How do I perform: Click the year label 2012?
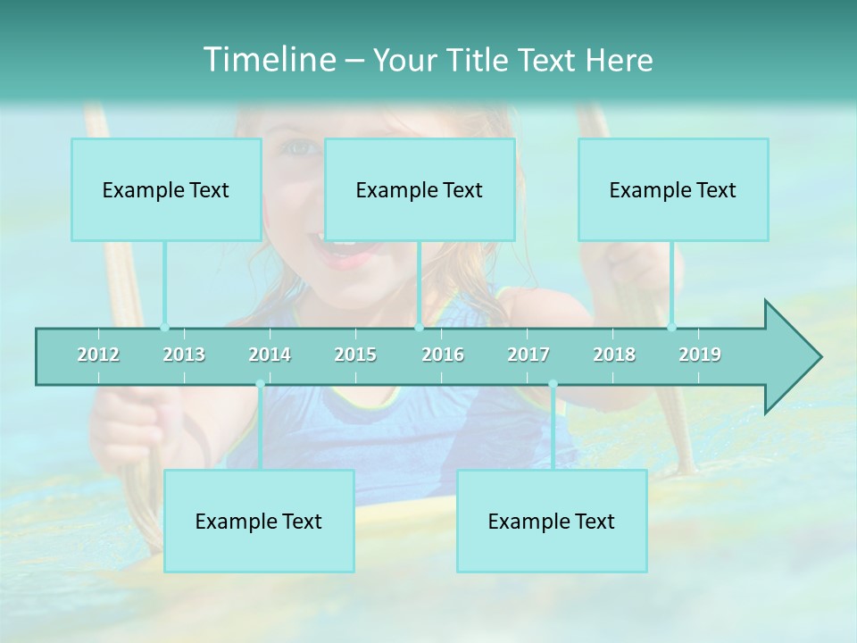click(x=98, y=355)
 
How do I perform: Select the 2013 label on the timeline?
click(x=184, y=355)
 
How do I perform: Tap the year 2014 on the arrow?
click(x=270, y=355)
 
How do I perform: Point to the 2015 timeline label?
click(x=355, y=355)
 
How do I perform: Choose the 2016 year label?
click(x=443, y=355)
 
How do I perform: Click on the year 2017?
click(x=528, y=355)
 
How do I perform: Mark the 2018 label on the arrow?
click(x=614, y=355)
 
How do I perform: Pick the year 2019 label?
click(x=700, y=355)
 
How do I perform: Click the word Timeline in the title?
click(x=268, y=60)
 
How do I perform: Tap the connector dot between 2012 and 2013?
click(x=164, y=327)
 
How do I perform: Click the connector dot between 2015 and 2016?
click(x=419, y=327)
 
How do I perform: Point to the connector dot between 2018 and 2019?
click(x=671, y=327)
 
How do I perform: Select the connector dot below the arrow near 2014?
click(x=260, y=385)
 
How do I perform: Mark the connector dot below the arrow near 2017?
click(x=553, y=385)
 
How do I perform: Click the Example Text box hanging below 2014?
click(x=259, y=521)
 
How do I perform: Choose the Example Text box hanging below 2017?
click(x=552, y=521)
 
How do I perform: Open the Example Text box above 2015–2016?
click(x=420, y=189)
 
